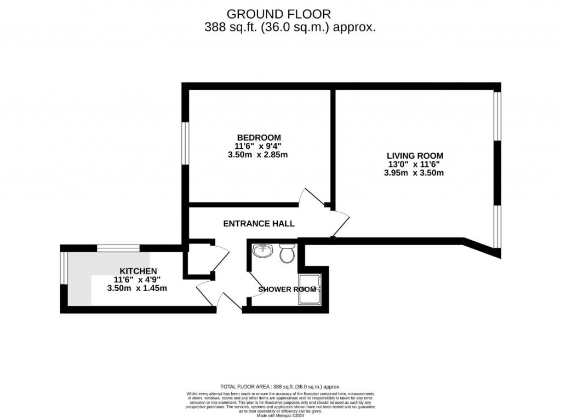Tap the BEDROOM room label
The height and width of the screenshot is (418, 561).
tap(259, 137)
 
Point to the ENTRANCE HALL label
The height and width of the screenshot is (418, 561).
tap(259, 224)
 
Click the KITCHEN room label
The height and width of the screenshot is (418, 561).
tap(139, 271)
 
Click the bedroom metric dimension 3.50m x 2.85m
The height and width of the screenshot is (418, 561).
tap(259, 155)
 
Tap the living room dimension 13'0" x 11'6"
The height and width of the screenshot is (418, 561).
tap(414, 164)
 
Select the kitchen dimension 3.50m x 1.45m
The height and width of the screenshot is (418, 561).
tap(137, 288)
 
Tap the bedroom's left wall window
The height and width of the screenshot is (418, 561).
tap(186, 142)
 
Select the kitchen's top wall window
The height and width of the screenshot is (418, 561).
tap(118, 248)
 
